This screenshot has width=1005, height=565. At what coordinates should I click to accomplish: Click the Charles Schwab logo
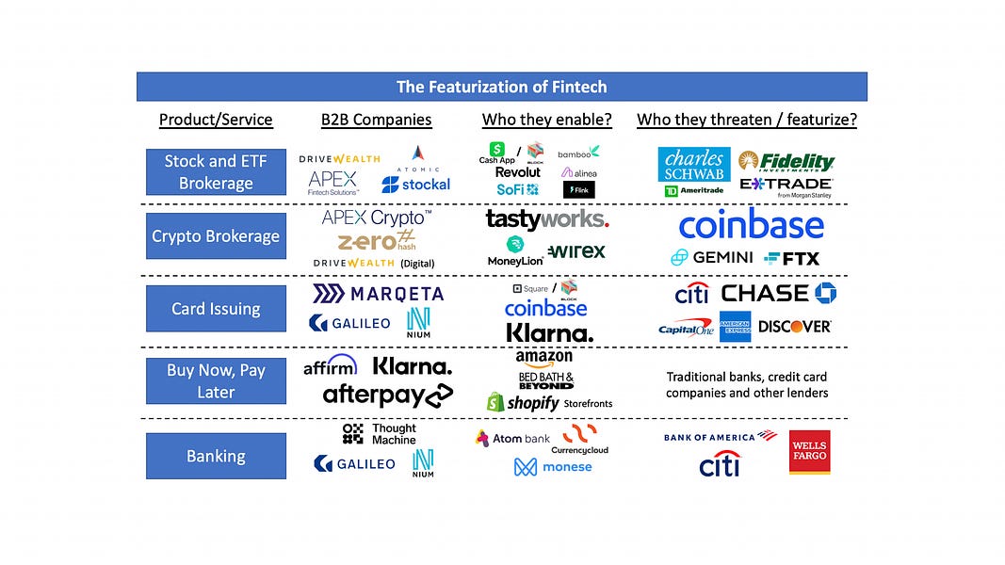click(694, 165)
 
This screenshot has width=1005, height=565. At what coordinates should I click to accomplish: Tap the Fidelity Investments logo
click(786, 161)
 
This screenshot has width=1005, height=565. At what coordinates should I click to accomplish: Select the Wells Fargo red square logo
click(809, 452)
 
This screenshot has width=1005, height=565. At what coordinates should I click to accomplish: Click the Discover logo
click(793, 327)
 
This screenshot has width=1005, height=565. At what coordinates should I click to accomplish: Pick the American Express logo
click(735, 326)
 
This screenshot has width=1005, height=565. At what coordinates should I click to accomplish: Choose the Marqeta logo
click(378, 294)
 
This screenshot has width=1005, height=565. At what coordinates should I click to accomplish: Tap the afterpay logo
click(387, 395)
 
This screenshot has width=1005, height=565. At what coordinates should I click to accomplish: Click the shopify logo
click(523, 402)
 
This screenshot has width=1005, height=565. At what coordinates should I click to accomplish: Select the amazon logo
click(543, 358)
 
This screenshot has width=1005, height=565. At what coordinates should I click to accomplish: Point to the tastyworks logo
click(546, 219)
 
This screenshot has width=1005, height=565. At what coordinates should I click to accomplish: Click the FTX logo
click(792, 258)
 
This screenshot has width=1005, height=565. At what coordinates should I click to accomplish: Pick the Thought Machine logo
click(379, 434)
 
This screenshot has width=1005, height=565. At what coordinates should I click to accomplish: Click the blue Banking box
click(216, 456)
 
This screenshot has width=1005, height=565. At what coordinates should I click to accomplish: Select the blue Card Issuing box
click(216, 309)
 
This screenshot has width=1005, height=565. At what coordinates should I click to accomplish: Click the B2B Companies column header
click(377, 120)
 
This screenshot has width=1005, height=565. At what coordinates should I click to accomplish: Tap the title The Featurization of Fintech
click(501, 87)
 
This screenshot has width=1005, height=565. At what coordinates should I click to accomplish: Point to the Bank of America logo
click(719, 438)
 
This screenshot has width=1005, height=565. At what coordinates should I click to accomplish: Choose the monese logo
click(553, 466)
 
